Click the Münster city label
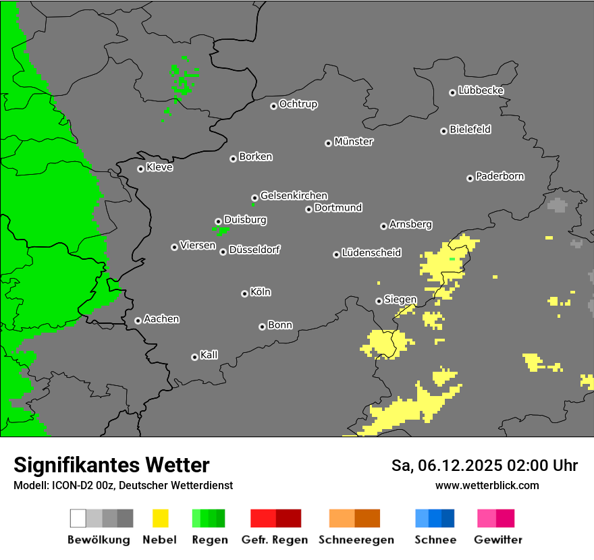(x=354, y=142)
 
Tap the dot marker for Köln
(x=244, y=293)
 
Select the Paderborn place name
(x=500, y=176)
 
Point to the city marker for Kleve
(x=140, y=169)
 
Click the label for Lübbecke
(x=481, y=90)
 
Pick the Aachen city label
(x=161, y=319)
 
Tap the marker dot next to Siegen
(x=379, y=301)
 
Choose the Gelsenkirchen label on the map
(x=294, y=196)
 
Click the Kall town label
(x=209, y=355)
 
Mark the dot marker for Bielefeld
(x=443, y=131)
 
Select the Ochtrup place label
(x=298, y=104)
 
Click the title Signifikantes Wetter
(x=111, y=465)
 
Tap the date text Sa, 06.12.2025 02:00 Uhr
(x=485, y=466)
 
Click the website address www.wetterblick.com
(x=487, y=485)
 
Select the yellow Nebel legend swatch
(x=160, y=518)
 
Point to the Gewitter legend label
(x=497, y=540)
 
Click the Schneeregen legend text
(x=356, y=540)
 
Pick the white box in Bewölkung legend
(x=78, y=518)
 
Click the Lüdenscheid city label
(x=371, y=253)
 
